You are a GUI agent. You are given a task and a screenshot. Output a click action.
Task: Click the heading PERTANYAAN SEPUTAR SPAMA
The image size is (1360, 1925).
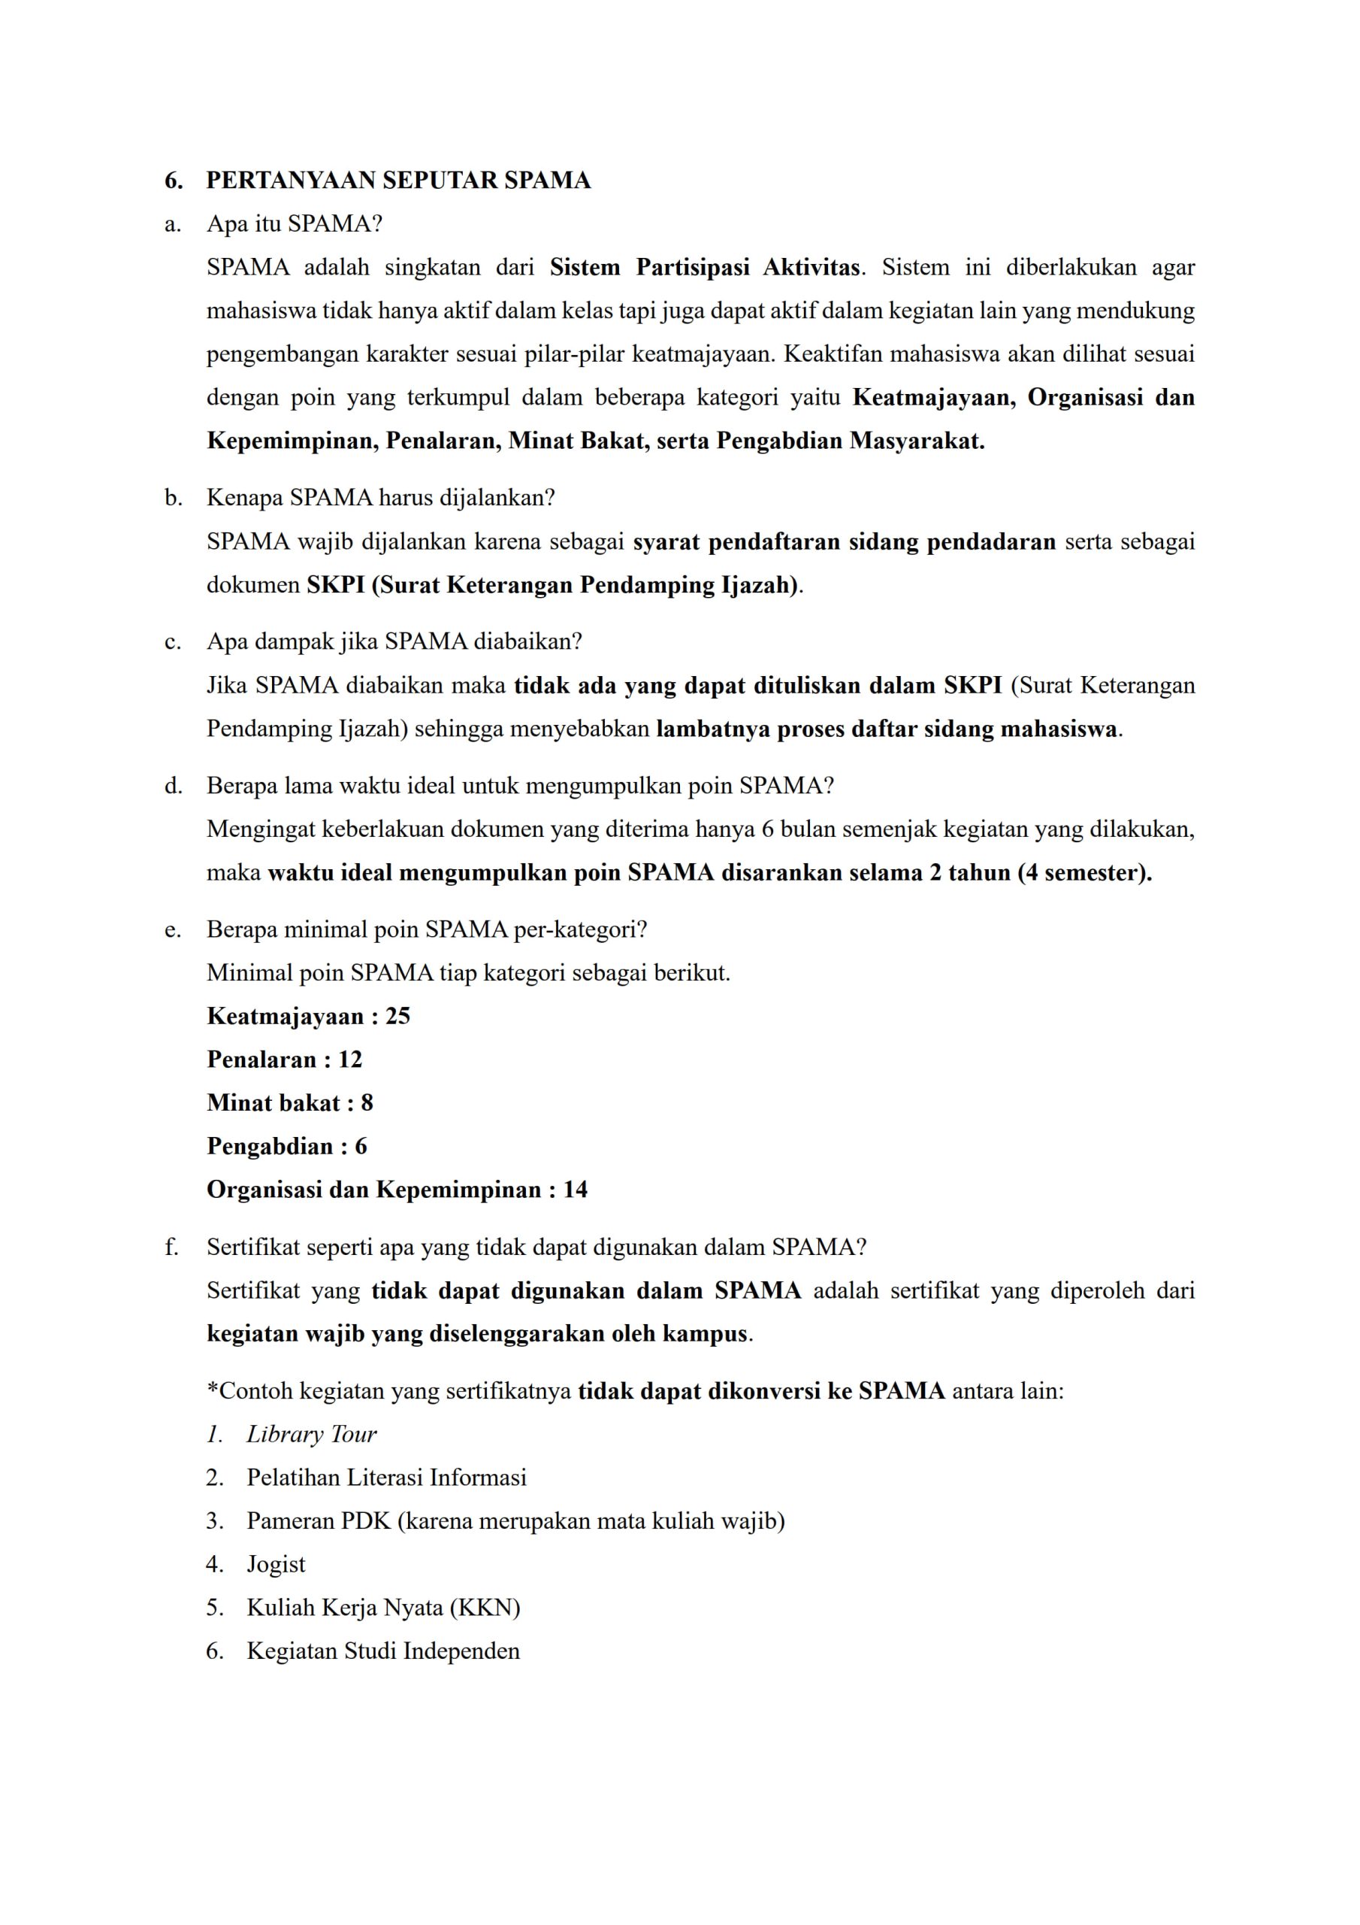pos(398,180)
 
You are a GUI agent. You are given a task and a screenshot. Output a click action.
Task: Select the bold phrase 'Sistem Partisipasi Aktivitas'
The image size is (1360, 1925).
pos(704,268)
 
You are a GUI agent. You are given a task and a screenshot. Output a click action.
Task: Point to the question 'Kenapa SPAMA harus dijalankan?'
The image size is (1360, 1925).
pos(380,498)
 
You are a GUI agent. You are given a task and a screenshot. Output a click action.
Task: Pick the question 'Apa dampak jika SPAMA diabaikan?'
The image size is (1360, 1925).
pos(394,641)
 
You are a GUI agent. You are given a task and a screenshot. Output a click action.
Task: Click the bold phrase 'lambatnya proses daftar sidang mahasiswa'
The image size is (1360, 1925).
pos(886,729)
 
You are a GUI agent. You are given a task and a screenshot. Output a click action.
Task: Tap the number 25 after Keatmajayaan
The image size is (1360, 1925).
pos(397,1016)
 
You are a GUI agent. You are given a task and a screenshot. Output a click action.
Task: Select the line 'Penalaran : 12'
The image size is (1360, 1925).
pos(284,1060)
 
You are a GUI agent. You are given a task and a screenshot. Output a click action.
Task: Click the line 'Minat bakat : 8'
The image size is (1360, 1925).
pos(289,1102)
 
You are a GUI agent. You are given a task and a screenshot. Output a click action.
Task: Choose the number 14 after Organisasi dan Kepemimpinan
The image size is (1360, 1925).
pos(575,1190)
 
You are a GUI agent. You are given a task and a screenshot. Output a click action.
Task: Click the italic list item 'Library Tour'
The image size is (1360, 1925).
pos(311,1435)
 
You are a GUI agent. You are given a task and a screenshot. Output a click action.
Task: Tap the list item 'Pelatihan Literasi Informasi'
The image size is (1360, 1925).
pos(386,1478)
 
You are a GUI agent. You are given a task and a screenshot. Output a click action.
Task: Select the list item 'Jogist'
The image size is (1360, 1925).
pos(276,1565)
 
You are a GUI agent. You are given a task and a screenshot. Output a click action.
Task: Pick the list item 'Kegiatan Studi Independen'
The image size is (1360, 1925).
pos(383,1651)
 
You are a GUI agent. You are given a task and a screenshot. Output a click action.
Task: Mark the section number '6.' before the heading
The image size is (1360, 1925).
pos(174,180)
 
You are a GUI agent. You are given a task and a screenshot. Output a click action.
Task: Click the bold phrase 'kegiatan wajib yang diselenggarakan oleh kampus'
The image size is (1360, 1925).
pos(477,1334)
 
